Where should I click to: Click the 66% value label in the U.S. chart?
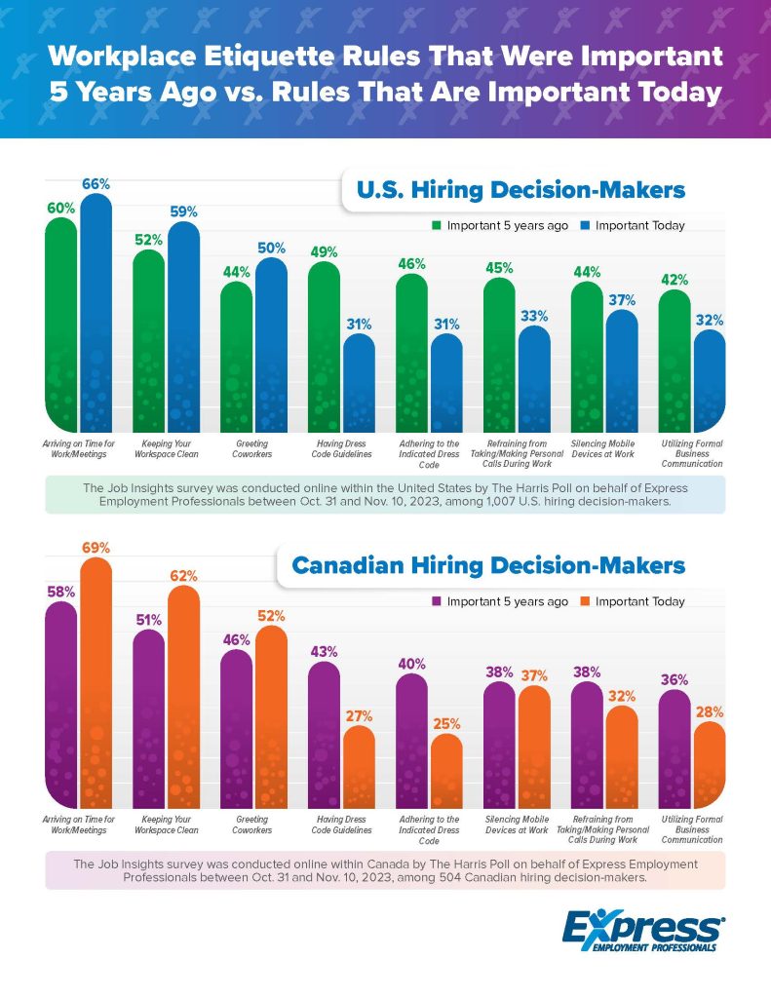pos(96,183)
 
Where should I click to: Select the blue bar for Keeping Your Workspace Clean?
pos(183,322)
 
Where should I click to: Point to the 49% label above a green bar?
pos(324,251)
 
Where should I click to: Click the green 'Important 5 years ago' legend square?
pos(437,225)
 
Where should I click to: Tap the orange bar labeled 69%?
pos(96,682)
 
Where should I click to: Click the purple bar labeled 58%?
pos(61,702)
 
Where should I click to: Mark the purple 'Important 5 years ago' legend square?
pos(437,601)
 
